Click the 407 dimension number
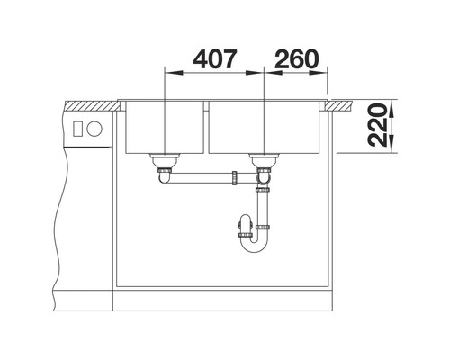(x=215, y=58)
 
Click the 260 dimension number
(x=296, y=58)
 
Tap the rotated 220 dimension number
(x=377, y=125)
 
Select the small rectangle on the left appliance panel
(x=77, y=129)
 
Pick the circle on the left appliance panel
(x=94, y=129)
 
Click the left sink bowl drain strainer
(x=165, y=160)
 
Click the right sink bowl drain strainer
(x=264, y=160)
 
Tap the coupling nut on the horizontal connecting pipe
(x=234, y=178)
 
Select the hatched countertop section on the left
(x=93, y=105)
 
